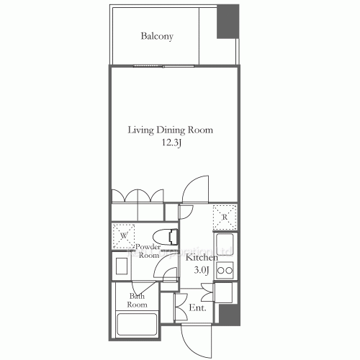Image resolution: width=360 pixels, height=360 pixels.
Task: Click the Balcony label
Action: tap(157, 36)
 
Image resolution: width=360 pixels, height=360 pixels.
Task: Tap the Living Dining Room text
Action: tap(171, 130)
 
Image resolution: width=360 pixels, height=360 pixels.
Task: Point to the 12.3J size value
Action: tap(171, 143)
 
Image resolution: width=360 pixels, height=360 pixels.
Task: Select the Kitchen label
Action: tap(202, 258)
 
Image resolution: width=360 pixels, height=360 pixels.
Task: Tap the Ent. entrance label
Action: tap(197, 308)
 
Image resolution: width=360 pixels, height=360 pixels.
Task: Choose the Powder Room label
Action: tap(149, 251)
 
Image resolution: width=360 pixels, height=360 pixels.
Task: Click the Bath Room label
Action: tap(138, 300)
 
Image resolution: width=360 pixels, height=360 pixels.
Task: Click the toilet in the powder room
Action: tap(168, 235)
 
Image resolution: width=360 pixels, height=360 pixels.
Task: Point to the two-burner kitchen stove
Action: tap(225, 271)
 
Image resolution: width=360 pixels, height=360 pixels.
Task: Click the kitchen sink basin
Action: tap(225, 245)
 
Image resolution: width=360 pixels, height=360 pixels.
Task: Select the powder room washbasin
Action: tap(120, 266)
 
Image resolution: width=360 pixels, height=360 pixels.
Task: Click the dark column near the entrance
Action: tap(228, 315)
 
